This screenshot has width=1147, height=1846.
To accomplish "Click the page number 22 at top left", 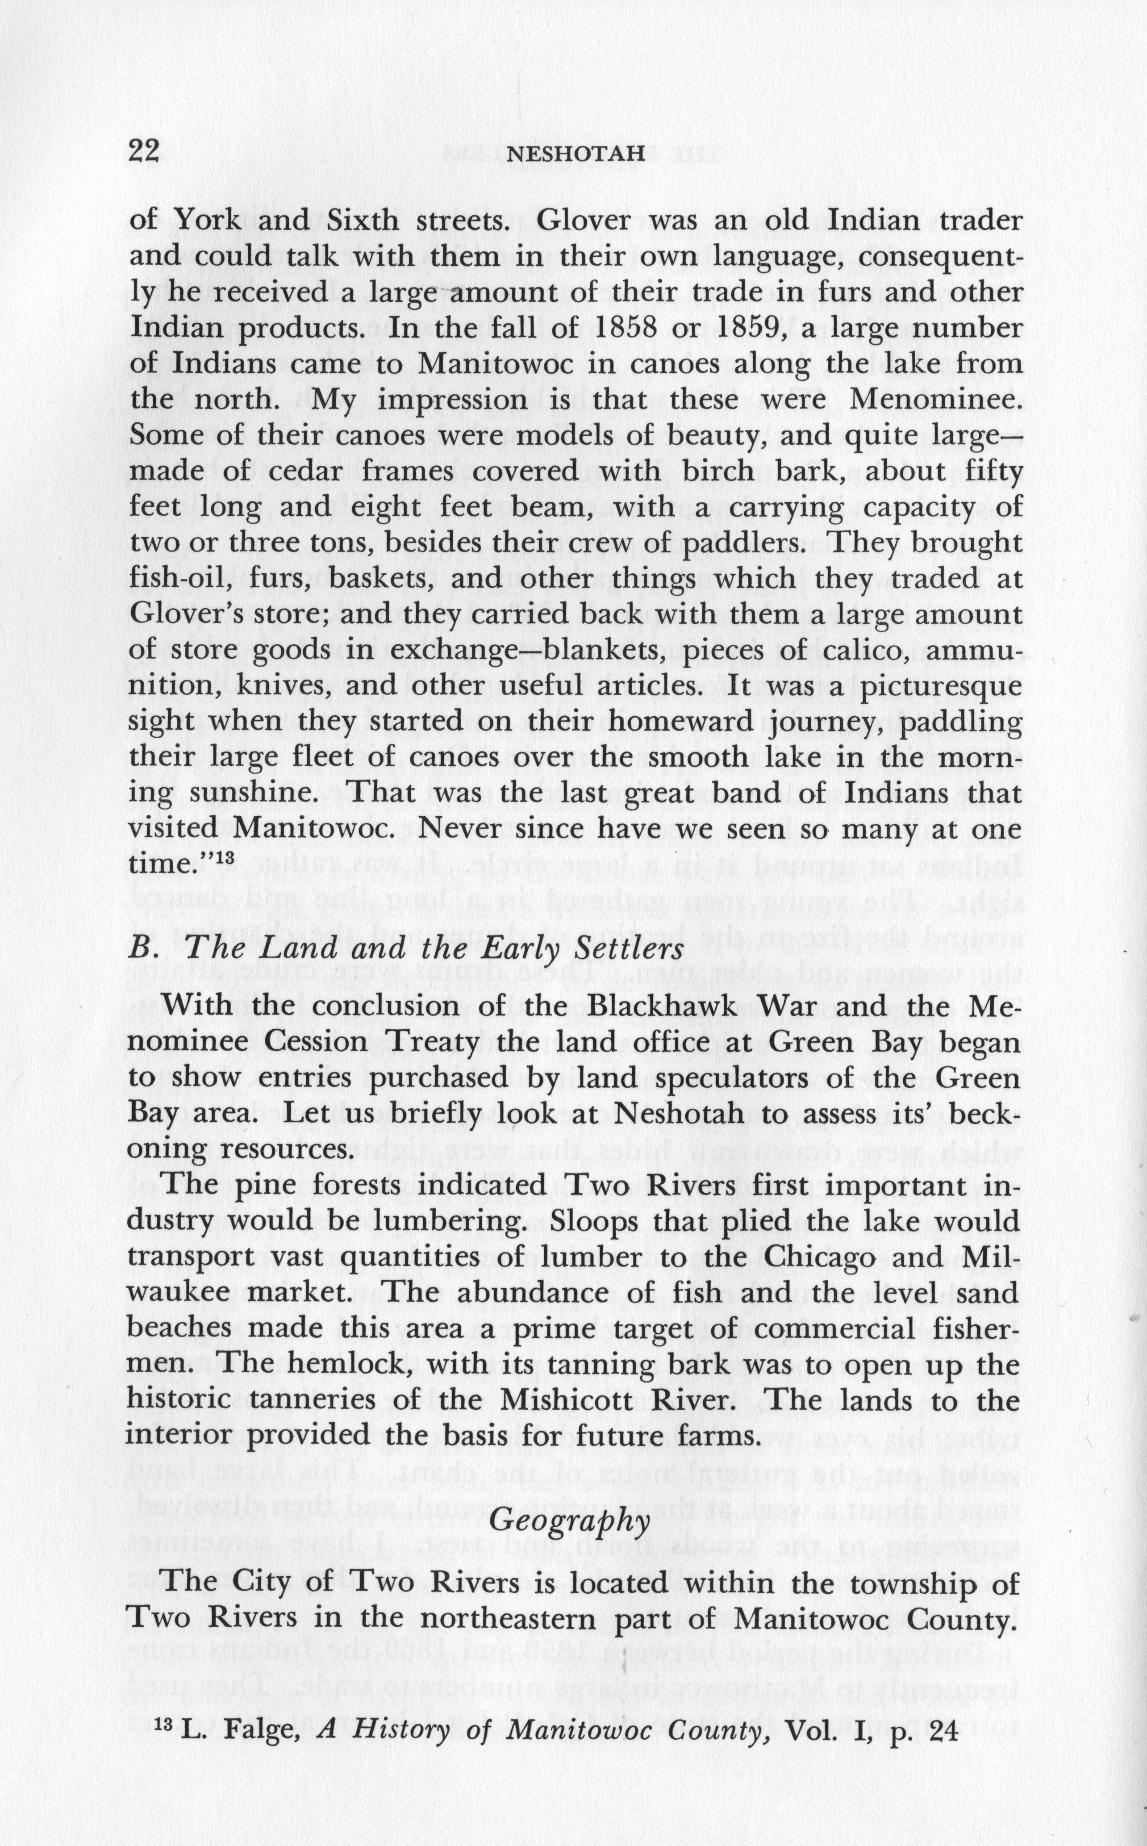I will (144, 151).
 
